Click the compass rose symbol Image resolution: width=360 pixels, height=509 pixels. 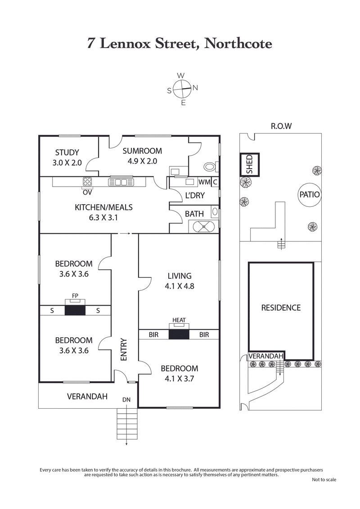pyautogui.click(x=182, y=89)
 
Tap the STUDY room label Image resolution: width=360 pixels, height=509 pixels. pyautogui.click(x=67, y=157)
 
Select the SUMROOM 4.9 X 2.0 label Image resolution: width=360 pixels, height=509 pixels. pyautogui.click(x=142, y=156)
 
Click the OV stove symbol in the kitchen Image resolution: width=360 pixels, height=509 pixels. pyautogui.click(x=87, y=182)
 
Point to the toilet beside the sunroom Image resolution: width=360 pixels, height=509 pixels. pyautogui.click(x=210, y=167)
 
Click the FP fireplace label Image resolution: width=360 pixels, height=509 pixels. pyautogui.click(x=75, y=296)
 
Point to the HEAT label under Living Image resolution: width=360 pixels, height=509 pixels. pyautogui.click(x=179, y=320)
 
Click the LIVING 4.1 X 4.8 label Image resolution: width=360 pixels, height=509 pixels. pyautogui.click(x=179, y=281)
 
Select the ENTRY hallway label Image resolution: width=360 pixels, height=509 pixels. pyautogui.click(x=124, y=349)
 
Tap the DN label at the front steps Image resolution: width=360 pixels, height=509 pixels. pyautogui.click(x=126, y=399)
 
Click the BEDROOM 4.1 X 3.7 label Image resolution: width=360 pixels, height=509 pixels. pyautogui.click(x=179, y=373)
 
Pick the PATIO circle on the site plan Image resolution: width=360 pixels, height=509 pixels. pyautogui.click(x=309, y=195)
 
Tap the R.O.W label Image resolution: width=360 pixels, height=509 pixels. pyautogui.click(x=281, y=126)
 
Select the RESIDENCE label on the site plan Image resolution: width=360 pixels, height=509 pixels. pyautogui.click(x=281, y=308)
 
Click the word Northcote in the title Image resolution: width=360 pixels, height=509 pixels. pyautogui.click(x=238, y=44)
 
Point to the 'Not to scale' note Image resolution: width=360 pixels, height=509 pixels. pyautogui.click(x=324, y=480)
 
